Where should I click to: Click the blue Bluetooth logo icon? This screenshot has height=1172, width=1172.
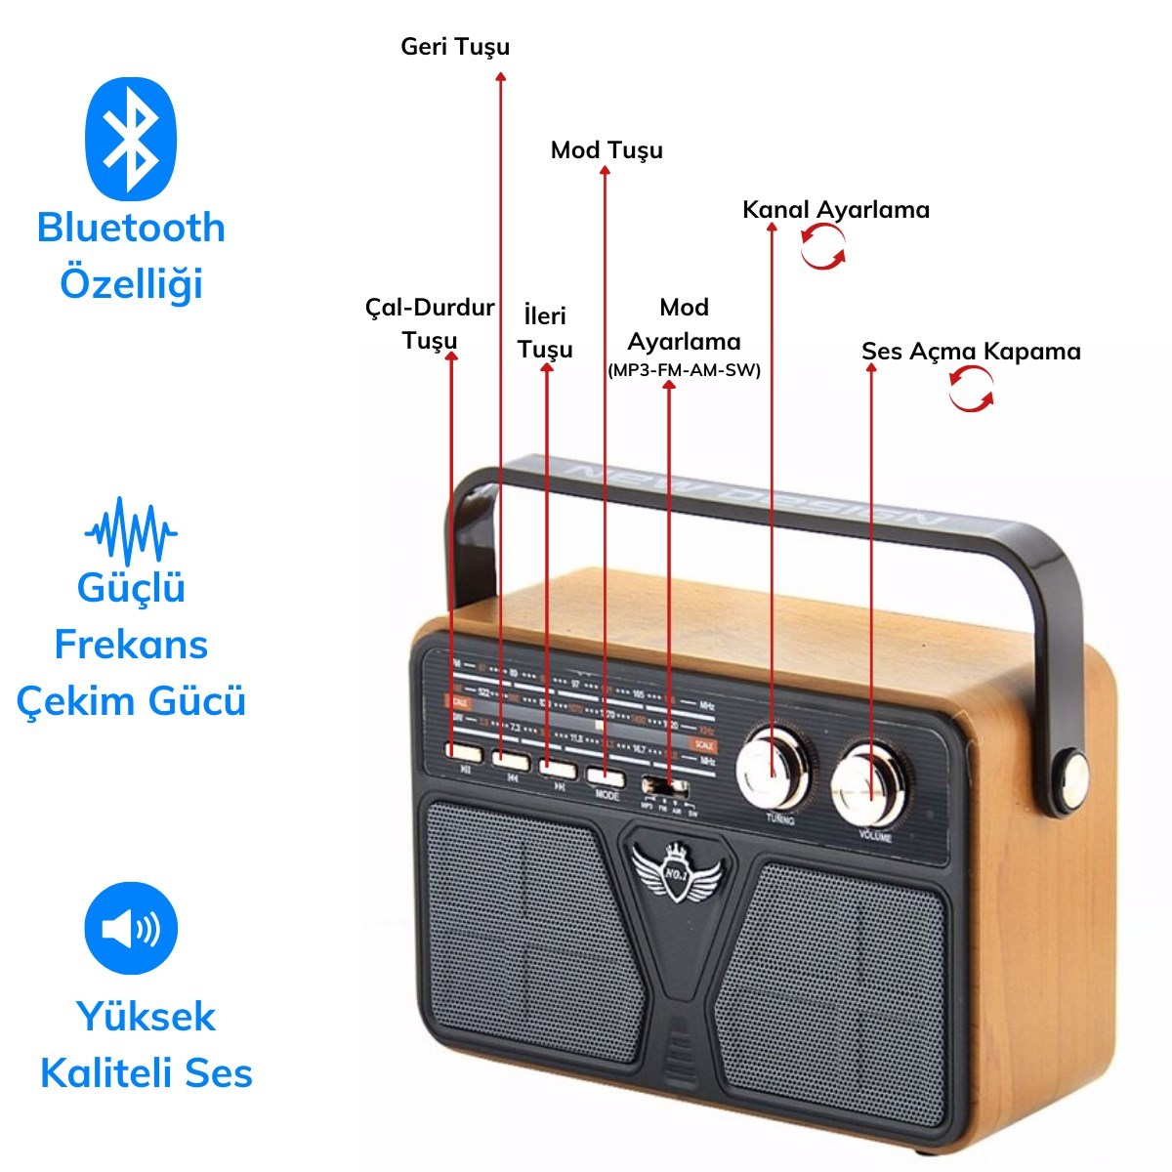pyautogui.click(x=132, y=138)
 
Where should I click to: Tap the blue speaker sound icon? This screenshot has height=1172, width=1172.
pyautogui.click(x=131, y=928)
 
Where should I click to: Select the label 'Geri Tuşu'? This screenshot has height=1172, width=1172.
pyautogui.click(x=455, y=47)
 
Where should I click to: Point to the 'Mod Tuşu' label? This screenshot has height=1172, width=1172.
pyautogui.click(x=607, y=150)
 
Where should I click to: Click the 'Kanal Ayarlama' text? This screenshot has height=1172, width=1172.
pyautogui.click(x=836, y=210)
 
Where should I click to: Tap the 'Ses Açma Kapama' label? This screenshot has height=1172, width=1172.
pyautogui.click(x=971, y=352)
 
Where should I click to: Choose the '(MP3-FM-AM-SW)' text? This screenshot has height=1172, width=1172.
pyautogui.click(x=684, y=371)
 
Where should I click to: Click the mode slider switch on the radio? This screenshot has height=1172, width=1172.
pyautogui.click(x=664, y=786)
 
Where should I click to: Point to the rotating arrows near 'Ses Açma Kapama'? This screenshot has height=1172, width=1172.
pyautogui.click(x=972, y=389)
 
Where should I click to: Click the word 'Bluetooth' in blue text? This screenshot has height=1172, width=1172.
pyautogui.click(x=131, y=228)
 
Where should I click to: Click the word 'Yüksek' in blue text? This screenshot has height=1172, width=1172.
pyautogui.click(x=146, y=1017)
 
